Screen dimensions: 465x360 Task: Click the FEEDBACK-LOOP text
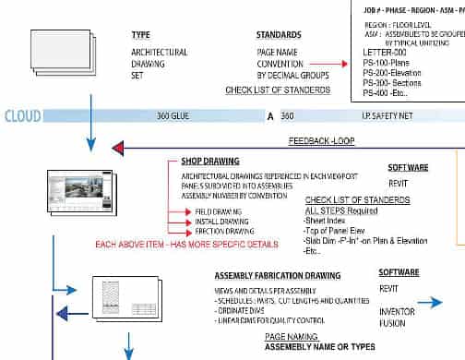[321, 142]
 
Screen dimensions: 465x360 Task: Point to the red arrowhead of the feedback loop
[118, 148]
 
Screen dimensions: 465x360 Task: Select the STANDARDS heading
[280, 34]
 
